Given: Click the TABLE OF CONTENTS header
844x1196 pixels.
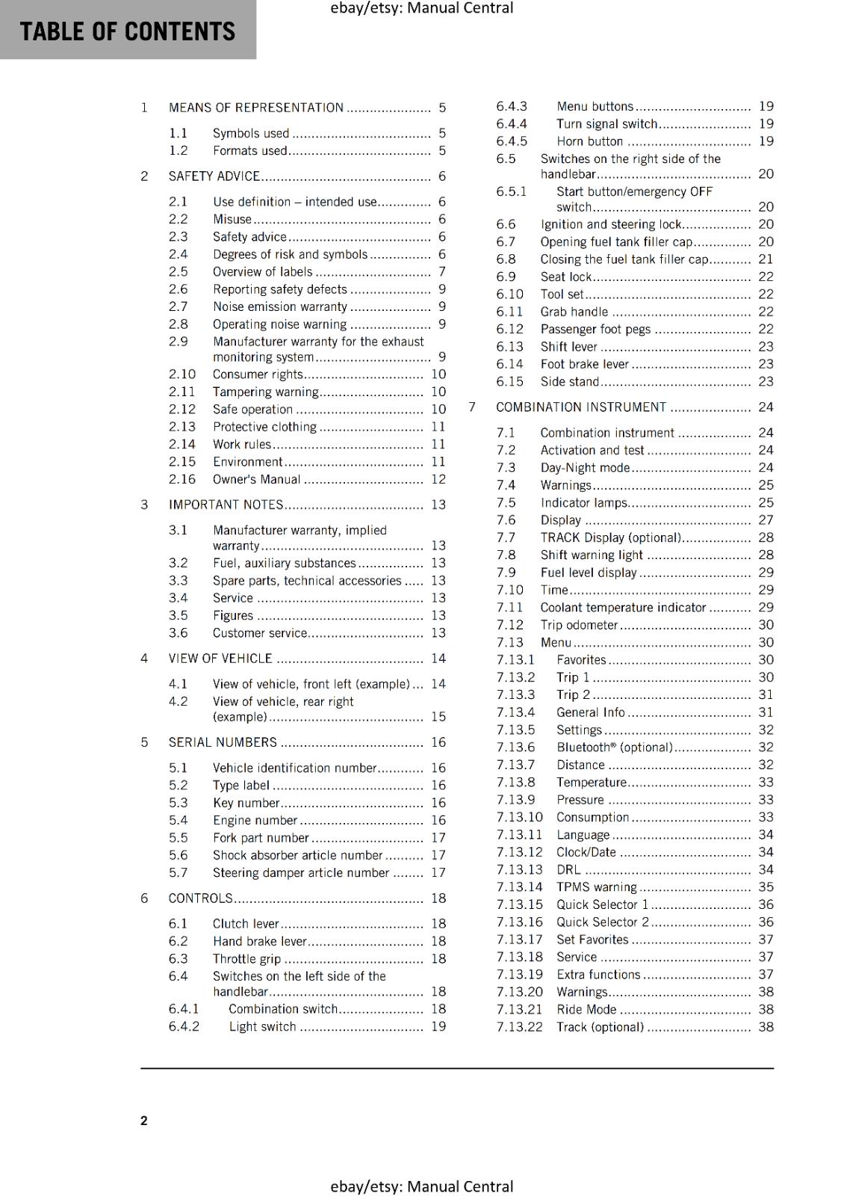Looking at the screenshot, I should pos(127,31).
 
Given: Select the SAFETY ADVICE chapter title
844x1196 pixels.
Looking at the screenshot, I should pos(214,176).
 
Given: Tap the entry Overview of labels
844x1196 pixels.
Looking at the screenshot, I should pos(262,272).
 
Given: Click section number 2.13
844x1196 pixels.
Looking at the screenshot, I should pos(181,427).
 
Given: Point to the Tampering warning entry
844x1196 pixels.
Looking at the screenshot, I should pos(265,392).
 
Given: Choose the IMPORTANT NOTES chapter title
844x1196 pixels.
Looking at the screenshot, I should pos(226,505).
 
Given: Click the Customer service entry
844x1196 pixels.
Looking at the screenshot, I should pos(259,633).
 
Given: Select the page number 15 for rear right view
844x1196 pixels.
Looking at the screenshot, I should pos(438,717).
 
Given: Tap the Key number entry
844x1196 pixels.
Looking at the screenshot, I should pos(246,803).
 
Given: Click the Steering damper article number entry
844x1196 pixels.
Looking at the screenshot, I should pos(301,873).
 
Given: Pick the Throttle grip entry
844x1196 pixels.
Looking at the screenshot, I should pos(246,959).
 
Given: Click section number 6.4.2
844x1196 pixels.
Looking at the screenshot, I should pos(184,1026).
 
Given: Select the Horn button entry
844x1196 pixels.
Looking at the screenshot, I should pos(589,141).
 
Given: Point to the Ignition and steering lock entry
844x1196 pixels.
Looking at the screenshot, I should pos(611,224).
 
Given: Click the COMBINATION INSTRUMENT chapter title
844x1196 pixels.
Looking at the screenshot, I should pos(580,407).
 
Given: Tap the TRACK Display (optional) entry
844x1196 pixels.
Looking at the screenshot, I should pos(610,537).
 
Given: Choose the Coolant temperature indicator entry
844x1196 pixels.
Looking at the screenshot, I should pos(623,608).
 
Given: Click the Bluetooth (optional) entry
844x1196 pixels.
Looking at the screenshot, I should pos(614,747).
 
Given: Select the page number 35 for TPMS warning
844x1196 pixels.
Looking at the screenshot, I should pos(766,887).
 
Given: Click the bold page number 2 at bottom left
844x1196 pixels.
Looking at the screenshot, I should pos(144,1120).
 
